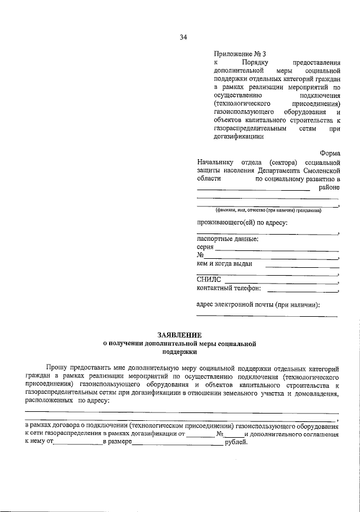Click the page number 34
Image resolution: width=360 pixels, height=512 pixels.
click(x=183, y=37)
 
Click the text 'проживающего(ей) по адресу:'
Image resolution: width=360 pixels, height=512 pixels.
click(x=242, y=223)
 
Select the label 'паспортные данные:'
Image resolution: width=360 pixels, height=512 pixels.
click(x=227, y=239)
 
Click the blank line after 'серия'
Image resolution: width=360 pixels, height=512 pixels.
click(x=277, y=249)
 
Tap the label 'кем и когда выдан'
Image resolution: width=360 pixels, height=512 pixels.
click(x=224, y=263)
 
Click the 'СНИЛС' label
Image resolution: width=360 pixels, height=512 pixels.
click(x=209, y=280)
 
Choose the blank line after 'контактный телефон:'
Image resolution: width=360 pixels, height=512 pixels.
click(x=302, y=291)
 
